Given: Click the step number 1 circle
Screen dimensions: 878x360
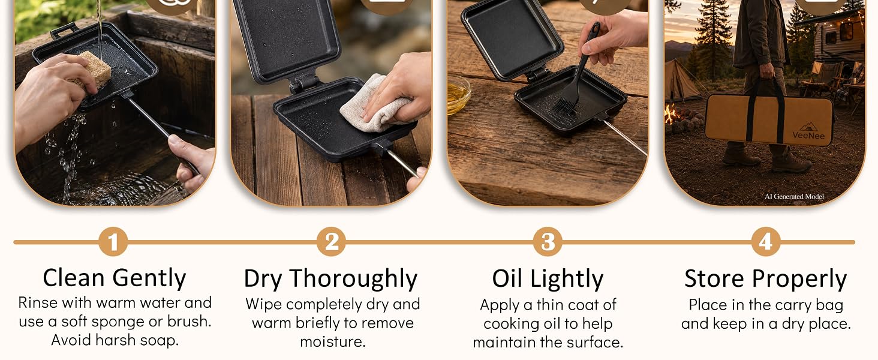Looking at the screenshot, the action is pyautogui.click(x=113, y=242).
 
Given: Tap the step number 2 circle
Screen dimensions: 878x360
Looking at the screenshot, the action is pyautogui.click(x=331, y=242).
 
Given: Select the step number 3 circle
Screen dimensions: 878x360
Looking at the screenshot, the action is pyautogui.click(x=548, y=242).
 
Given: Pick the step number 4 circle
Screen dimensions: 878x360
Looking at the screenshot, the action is pyautogui.click(x=765, y=242).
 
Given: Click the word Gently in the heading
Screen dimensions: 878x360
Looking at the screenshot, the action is pyautogui.click(x=149, y=279).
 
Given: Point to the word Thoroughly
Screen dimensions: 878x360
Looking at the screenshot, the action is pyautogui.click(x=354, y=280).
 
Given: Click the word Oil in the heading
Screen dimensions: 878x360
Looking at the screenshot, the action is pyautogui.click(x=507, y=279).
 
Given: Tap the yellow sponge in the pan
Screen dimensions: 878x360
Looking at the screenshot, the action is pyautogui.click(x=91, y=70).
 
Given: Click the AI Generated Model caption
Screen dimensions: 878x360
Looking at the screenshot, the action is pyautogui.click(x=794, y=196).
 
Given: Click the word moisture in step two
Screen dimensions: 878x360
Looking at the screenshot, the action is pyautogui.click(x=333, y=341).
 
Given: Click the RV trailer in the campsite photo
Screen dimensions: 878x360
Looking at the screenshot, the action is pyautogui.click(x=839, y=39).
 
